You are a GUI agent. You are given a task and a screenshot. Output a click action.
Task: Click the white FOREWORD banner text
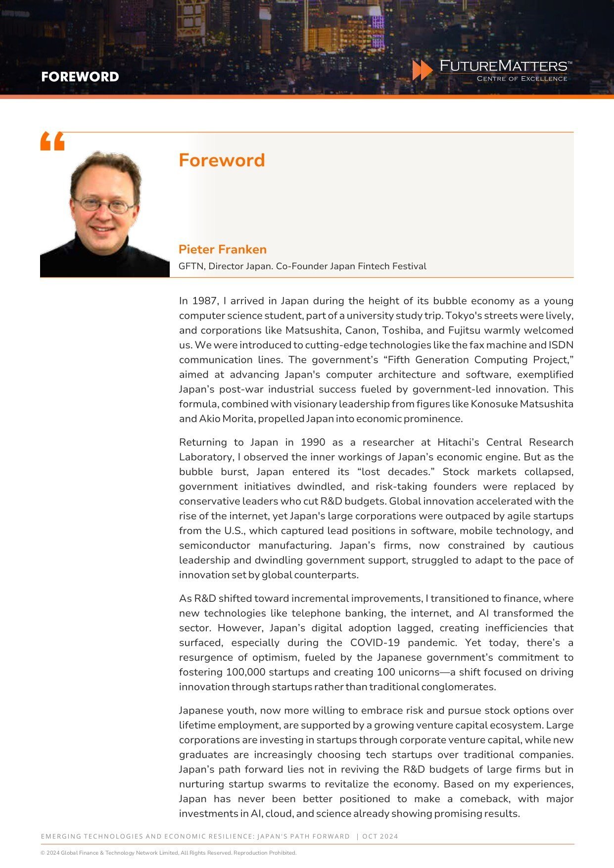[80, 77]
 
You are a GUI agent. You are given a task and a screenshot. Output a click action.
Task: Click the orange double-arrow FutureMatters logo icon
[423, 70]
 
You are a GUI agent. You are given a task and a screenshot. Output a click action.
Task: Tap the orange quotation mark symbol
[52, 142]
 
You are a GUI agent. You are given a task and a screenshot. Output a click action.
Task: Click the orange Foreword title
[222, 160]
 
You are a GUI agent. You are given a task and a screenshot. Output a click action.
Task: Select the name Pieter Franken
[223, 249]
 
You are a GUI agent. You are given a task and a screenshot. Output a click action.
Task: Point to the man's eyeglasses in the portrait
[104, 204]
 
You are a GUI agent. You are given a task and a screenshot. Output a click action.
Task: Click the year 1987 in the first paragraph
[204, 301]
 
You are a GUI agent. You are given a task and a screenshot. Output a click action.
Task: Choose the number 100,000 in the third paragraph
[246, 673]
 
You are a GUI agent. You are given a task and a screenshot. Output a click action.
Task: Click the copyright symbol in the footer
[43, 853]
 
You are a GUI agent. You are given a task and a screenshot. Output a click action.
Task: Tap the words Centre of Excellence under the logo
[521, 79]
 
